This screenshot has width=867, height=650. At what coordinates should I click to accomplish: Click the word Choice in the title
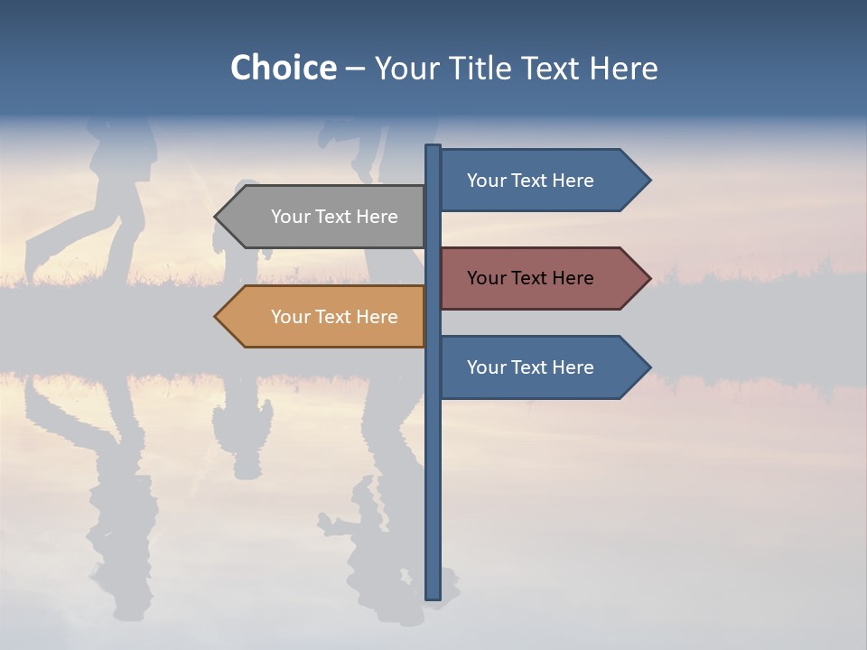click(x=283, y=68)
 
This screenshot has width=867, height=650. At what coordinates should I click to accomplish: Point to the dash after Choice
click(x=355, y=69)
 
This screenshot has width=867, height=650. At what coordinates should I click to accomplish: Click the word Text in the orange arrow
click(x=333, y=317)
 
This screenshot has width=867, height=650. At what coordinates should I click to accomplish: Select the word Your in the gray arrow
click(x=290, y=217)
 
